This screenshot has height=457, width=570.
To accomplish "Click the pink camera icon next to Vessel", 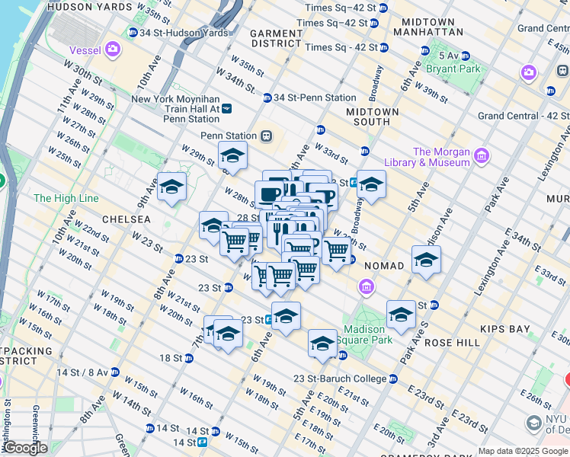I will [114, 50].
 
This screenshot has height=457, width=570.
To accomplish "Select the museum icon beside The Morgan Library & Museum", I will [481, 157].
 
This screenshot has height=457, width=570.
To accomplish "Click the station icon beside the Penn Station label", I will [266, 136].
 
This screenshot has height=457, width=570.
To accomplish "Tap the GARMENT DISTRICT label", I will [276, 38].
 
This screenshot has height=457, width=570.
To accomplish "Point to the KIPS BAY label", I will [504, 329].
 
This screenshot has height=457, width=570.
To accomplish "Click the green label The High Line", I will [66, 198].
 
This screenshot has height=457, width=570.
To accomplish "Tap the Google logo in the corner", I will [24, 448].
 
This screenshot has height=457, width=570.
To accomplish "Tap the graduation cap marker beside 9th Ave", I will [171, 187].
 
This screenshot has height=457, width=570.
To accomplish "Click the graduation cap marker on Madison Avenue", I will [426, 260].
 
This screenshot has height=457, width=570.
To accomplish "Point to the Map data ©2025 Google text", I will [523, 451].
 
